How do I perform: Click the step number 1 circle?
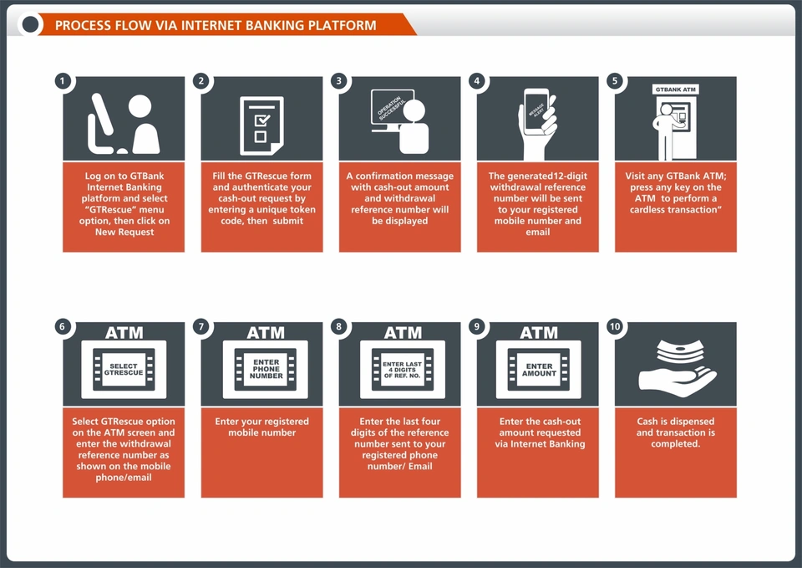tap(62, 81)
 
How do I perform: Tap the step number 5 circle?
tap(616, 81)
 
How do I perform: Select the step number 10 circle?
tap(616, 327)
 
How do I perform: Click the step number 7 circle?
tap(200, 327)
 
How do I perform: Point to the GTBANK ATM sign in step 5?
tap(676, 90)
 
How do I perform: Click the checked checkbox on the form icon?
tap(260, 120)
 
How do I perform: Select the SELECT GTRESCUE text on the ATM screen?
tap(124, 368)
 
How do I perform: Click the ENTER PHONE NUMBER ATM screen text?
tap(266, 369)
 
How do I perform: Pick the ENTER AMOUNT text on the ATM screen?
tap(540, 370)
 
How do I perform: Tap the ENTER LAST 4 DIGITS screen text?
tap(402, 370)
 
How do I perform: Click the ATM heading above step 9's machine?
tap(538, 333)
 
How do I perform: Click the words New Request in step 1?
tap(123, 232)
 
